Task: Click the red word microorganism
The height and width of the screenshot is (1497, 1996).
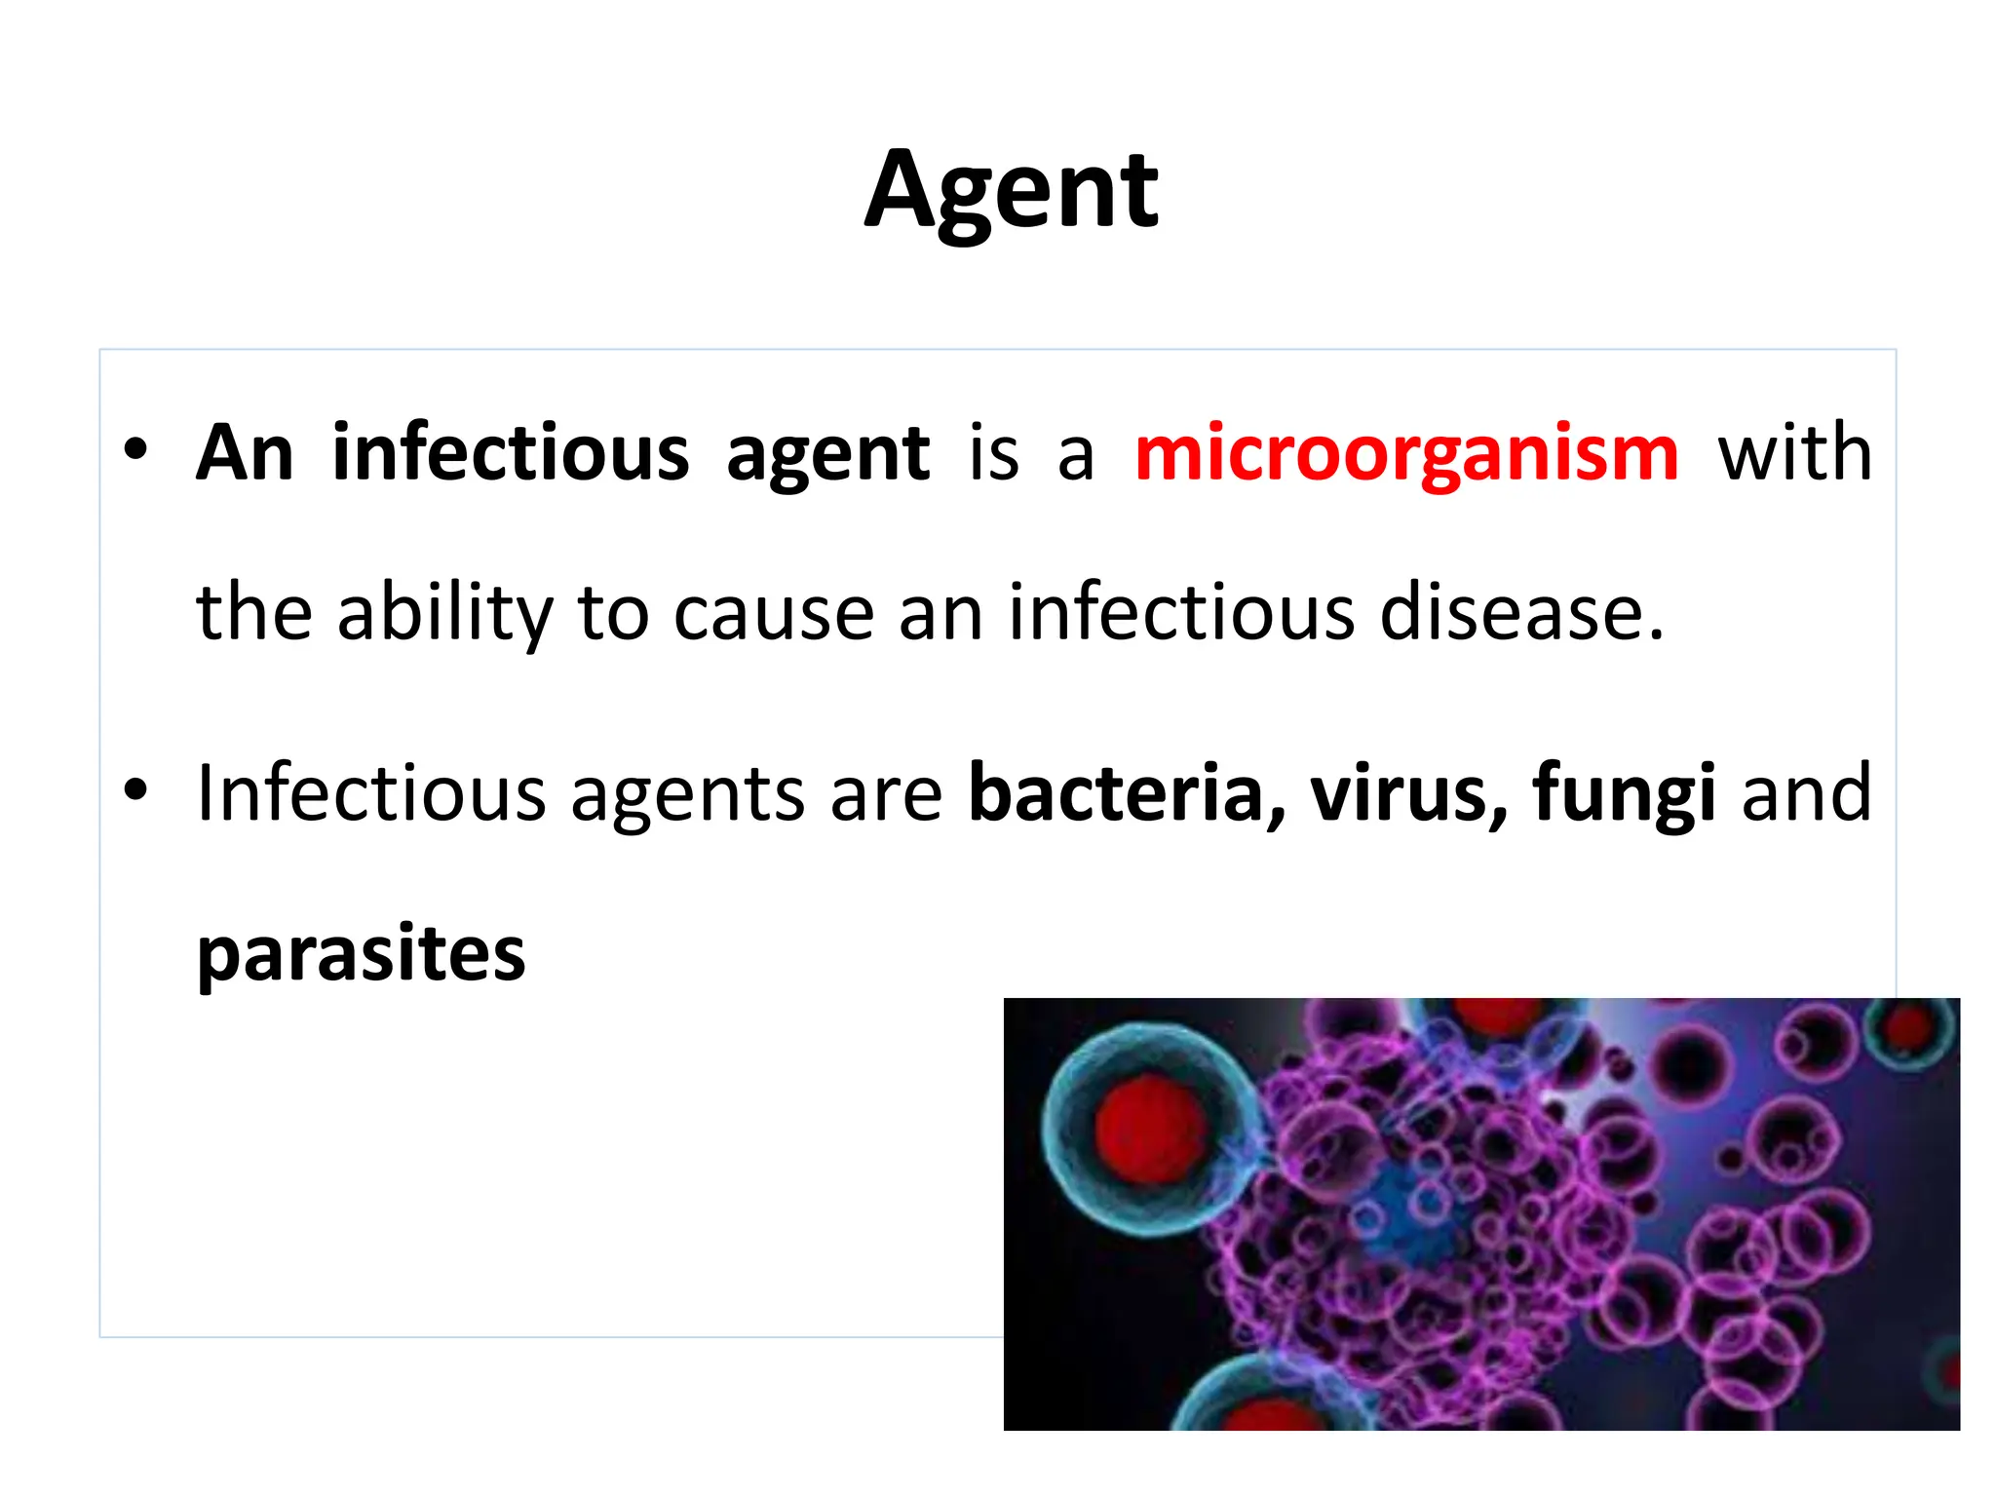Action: pyautogui.click(x=1406, y=453)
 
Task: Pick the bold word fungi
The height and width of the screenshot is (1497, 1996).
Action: pyautogui.click(x=1624, y=795)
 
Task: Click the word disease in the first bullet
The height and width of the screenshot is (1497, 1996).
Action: pyautogui.click(x=1520, y=613)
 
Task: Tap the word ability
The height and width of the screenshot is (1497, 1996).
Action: pyautogui.click(x=444, y=613)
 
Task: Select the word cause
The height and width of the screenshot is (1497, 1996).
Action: pyautogui.click(x=774, y=613)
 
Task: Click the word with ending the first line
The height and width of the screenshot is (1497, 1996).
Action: pyautogui.click(x=1794, y=453)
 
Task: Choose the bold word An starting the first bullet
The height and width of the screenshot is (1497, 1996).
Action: pyautogui.click(x=245, y=453)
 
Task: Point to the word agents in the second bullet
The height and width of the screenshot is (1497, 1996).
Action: pyautogui.click(x=687, y=795)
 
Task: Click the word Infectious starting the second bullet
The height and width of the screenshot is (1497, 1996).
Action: pyautogui.click(x=371, y=793)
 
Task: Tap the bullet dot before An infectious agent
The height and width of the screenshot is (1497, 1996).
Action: pyautogui.click(x=135, y=450)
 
